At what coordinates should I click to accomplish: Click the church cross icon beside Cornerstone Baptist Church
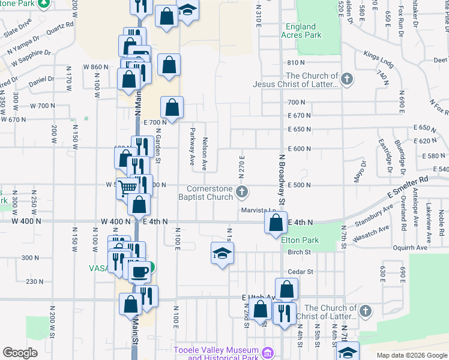[242, 192]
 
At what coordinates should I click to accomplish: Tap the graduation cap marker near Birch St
[221, 254]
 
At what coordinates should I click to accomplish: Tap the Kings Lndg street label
[377, 58]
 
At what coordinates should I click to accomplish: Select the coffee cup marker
[140, 271]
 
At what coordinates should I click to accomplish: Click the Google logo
[20, 353]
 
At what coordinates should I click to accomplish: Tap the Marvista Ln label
[258, 210]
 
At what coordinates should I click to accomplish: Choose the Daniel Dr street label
[41, 79]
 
